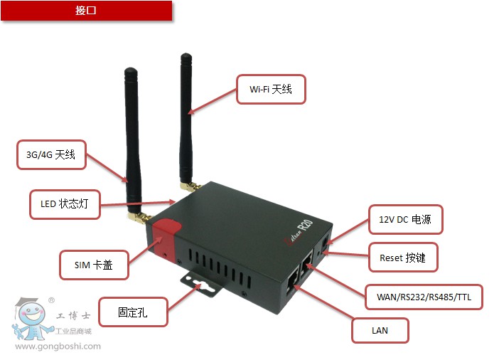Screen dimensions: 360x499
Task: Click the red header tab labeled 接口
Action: [x=86, y=11]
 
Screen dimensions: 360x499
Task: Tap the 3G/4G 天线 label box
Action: [x=51, y=154]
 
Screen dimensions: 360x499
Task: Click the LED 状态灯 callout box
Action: [x=65, y=204]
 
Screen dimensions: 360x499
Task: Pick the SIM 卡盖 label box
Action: [x=94, y=265]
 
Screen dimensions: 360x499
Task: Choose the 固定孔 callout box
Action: [x=134, y=312]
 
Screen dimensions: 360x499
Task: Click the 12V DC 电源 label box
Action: [x=405, y=219]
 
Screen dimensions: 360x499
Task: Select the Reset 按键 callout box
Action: [x=403, y=257]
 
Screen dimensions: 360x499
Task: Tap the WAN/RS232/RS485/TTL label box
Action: [x=424, y=296]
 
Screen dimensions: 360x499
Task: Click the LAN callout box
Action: [x=380, y=330]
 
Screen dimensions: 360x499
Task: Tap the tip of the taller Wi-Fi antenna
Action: [x=186, y=57]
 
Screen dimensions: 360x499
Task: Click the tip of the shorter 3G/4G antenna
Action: [x=130, y=71]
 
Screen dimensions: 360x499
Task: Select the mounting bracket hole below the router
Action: [x=200, y=286]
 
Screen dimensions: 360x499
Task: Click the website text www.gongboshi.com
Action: [x=58, y=346]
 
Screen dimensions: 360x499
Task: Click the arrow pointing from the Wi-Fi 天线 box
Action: [x=213, y=101]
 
